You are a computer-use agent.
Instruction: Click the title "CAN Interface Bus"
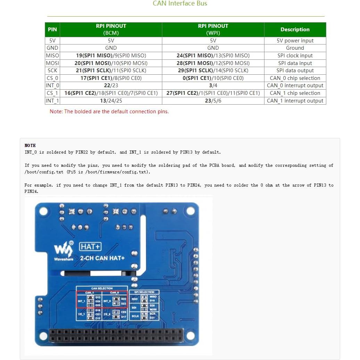tap(180, 4)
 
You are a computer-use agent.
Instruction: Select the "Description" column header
tap(295, 30)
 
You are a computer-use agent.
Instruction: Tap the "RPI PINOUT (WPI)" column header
tap(213, 30)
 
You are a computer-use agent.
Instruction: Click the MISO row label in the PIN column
tap(52, 56)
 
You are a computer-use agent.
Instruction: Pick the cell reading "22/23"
tap(111, 85)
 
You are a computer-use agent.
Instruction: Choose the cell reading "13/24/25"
tap(111, 101)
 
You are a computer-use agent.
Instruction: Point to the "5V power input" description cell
tap(295, 41)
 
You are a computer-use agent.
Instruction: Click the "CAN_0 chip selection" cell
tap(295, 78)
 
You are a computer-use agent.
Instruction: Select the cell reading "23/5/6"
tap(213, 101)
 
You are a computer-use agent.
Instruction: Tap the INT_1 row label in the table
tap(52, 101)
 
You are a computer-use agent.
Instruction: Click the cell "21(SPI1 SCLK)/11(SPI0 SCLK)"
tap(111, 71)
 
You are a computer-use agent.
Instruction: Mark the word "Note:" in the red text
tap(56, 112)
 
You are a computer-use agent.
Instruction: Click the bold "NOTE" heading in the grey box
tap(30, 145)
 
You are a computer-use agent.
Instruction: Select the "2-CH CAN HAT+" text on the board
tap(102, 258)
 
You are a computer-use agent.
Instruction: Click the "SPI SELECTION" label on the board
tap(144, 292)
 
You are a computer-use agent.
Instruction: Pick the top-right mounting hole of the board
tap(190, 211)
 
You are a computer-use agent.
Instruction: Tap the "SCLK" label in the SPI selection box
tap(135, 316)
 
